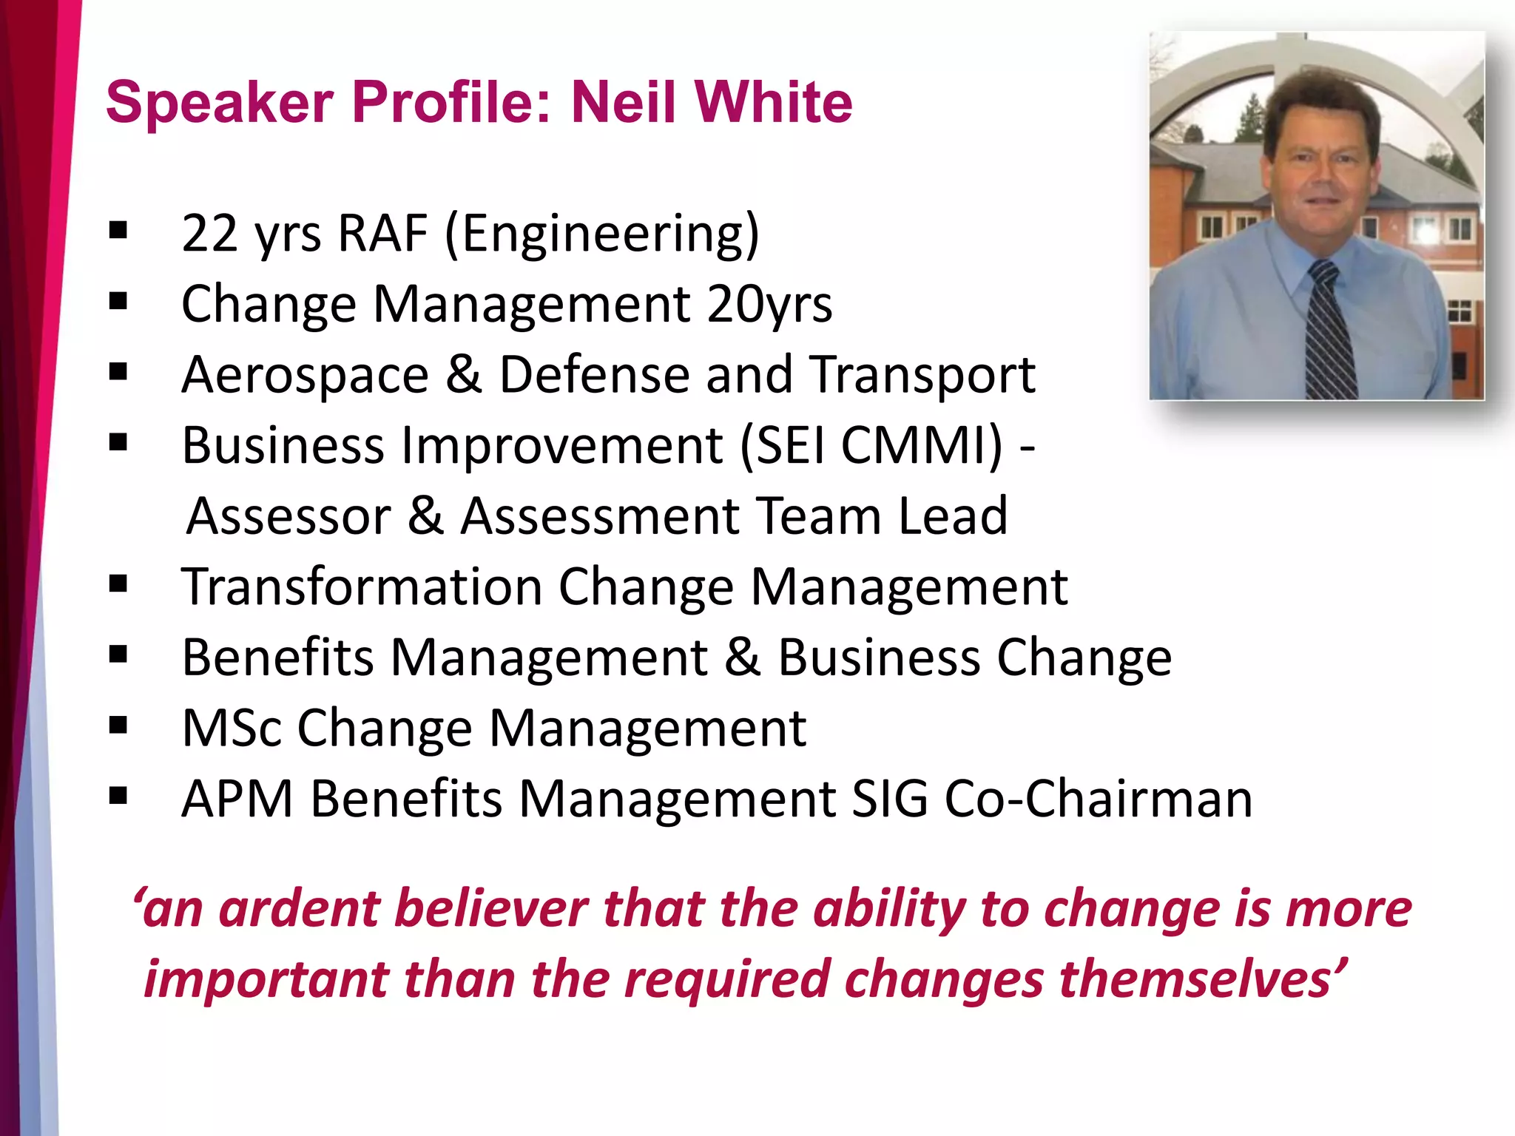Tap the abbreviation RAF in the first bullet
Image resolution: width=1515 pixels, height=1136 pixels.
pos(382,234)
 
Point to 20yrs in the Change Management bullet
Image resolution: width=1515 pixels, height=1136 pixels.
pos(769,305)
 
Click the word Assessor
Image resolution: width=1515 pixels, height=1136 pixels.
pos(289,516)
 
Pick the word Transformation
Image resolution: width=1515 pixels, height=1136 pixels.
pos(362,587)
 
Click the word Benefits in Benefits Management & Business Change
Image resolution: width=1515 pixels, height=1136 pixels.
pos(277,657)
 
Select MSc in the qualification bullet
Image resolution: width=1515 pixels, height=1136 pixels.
pos(232,728)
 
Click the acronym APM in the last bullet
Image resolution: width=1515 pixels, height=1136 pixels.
pos(237,799)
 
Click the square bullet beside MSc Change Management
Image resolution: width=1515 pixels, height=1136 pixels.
pos(118,726)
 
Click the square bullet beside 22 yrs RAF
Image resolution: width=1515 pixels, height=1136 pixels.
pos(118,231)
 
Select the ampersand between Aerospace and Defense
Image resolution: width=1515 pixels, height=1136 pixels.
pos(464,374)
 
